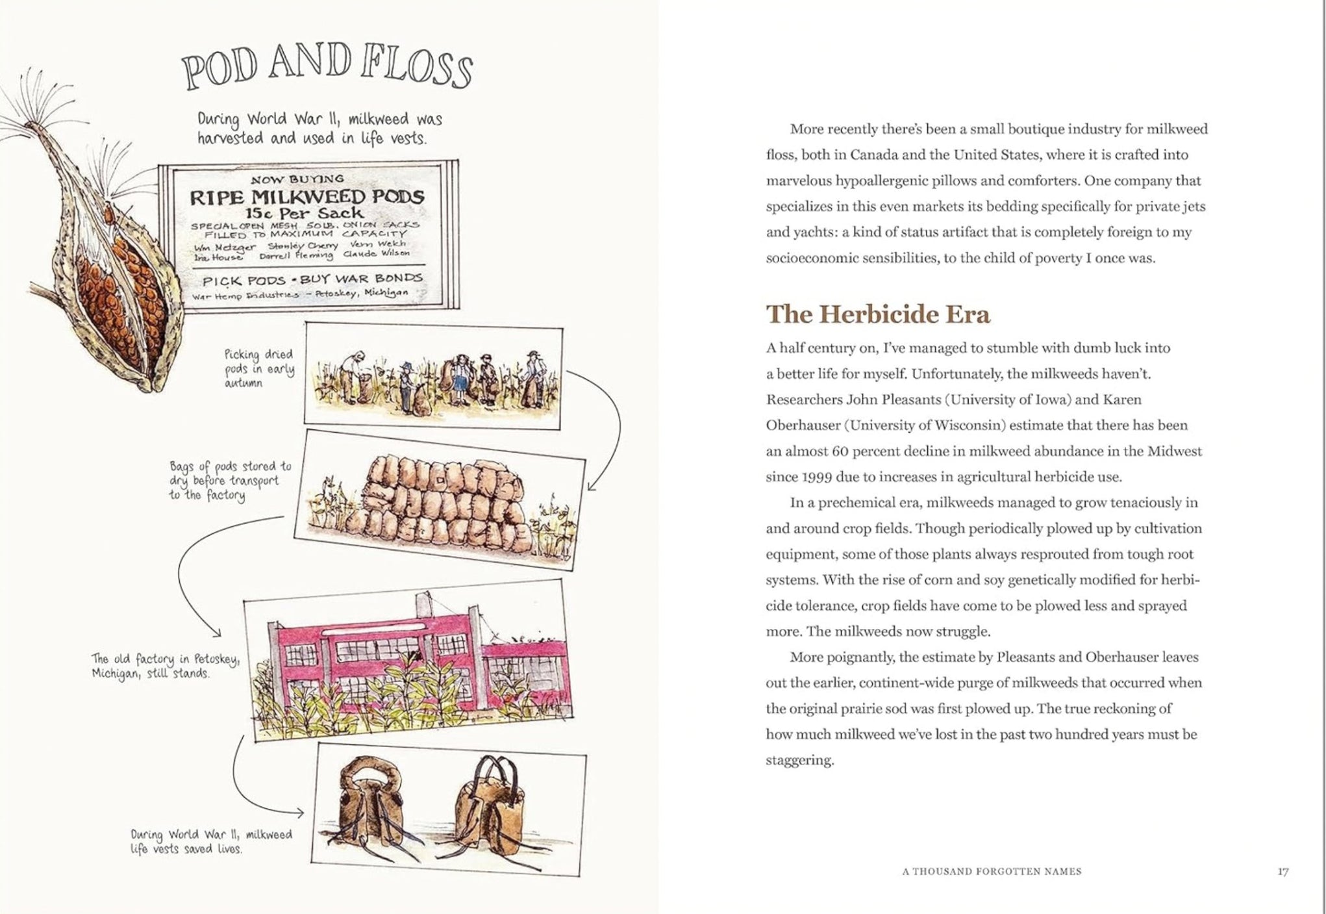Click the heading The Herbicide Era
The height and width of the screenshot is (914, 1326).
pos(878,314)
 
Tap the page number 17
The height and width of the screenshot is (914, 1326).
pos(1282,872)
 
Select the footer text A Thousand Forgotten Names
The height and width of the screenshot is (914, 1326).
pos(992,872)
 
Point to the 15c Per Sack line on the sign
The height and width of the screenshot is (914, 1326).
pos(305,213)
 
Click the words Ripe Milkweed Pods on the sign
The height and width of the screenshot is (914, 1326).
pos(307,196)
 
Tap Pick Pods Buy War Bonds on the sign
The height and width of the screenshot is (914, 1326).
pos(312,280)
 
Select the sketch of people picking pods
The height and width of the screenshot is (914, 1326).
pos(433,377)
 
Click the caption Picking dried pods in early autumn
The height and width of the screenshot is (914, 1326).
pos(259,368)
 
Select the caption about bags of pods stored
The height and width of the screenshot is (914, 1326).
pos(230,481)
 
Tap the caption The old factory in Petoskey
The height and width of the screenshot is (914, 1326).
pos(166,666)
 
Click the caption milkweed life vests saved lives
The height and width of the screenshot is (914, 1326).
pos(211,841)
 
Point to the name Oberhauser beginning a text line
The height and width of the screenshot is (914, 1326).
pos(803,425)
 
